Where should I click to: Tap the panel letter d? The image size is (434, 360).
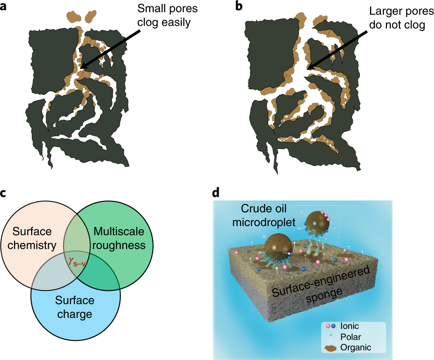216,193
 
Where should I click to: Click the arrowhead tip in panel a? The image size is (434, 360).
80,67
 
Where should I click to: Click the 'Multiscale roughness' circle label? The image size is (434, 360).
120,238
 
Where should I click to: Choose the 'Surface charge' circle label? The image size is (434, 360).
75,307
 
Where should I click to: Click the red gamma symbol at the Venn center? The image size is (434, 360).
71,260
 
